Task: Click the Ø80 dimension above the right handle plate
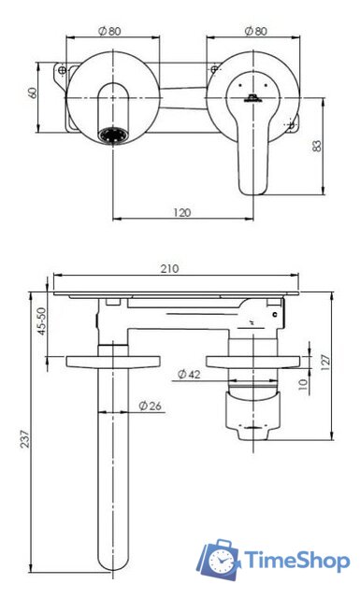(x=252, y=30)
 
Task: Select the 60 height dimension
(x=33, y=93)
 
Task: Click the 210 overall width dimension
(x=169, y=268)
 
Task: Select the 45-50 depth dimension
(x=40, y=323)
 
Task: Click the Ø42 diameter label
(x=190, y=375)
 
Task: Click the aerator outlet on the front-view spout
(x=111, y=136)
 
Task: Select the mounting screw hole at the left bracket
(x=63, y=70)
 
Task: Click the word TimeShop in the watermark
(x=296, y=560)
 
